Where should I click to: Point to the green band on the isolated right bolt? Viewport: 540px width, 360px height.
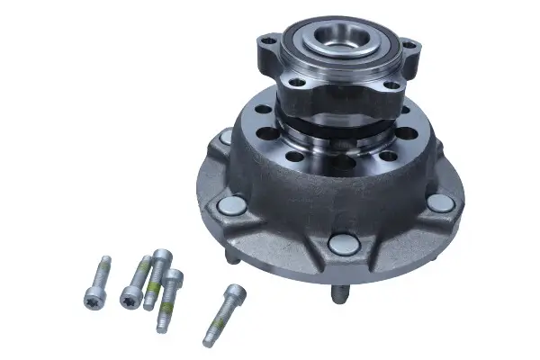(218, 322)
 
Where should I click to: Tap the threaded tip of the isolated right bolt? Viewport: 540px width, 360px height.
(209, 339)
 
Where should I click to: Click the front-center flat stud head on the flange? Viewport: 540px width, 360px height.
(344, 244)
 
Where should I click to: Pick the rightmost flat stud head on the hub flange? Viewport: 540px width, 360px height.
(440, 203)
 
